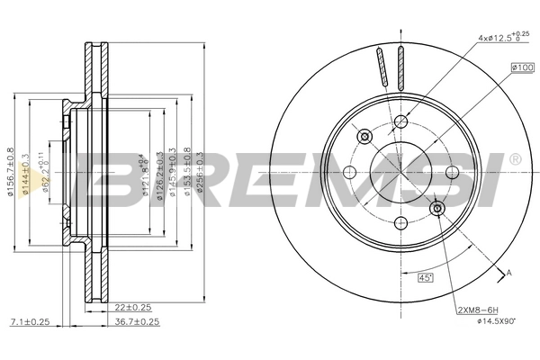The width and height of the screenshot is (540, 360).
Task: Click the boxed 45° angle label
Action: (426, 278)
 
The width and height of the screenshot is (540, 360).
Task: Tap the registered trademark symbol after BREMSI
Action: (514, 160)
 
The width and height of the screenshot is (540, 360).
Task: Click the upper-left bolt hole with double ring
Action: (364, 137)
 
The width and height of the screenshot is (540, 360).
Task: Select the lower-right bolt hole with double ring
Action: (438, 210)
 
